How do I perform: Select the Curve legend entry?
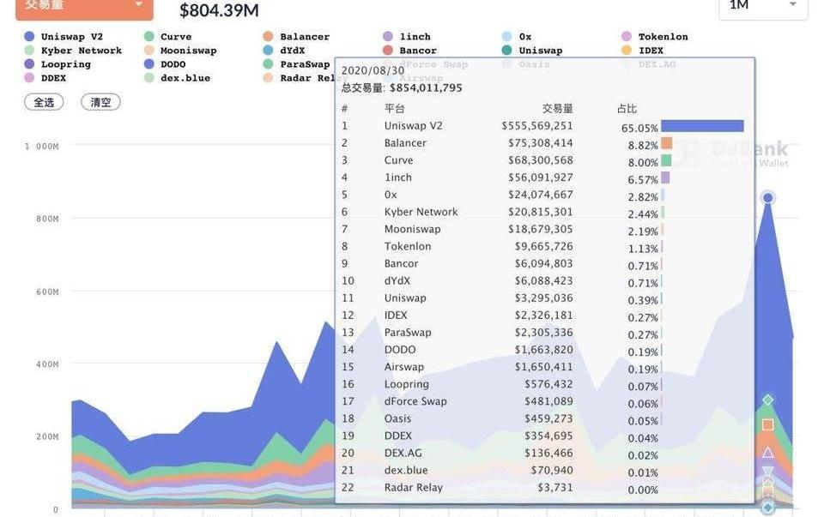click(x=175, y=37)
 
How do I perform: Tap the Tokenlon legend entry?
click(x=663, y=37)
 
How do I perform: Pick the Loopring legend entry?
click(x=65, y=64)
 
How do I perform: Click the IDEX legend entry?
click(x=651, y=51)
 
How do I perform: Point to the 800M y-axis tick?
click(x=42, y=219)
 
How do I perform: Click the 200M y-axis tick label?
click(x=42, y=437)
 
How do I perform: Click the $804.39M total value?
click(x=219, y=10)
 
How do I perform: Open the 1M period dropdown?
click(x=762, y=6)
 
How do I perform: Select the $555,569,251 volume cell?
click(x=537, y=126)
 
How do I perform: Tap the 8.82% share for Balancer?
click(x=643, y=146)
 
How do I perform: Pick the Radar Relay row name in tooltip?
click(x=413, y=488)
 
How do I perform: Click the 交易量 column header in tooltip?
click(x=557, y=109)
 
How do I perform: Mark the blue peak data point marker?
click(x=768, y=198)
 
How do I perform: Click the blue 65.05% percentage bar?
click(x=702, y=126)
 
